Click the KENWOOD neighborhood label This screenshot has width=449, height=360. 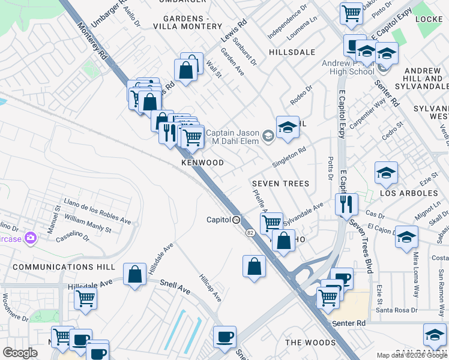point(202,163)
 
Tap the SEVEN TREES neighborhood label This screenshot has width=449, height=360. point(280,184)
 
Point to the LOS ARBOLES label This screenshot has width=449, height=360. point(409,193)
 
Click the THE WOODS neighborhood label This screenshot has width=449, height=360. point(310,343)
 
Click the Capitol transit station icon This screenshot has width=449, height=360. point(237,220)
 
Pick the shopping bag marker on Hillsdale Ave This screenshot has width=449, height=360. point(135,274)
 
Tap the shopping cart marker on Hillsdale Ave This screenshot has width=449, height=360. point(86,298)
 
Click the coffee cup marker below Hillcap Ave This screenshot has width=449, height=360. point(224,336)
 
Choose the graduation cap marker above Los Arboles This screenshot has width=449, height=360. point(386,172)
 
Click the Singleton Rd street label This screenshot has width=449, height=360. point(289,157)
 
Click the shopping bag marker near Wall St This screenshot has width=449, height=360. point(187,70)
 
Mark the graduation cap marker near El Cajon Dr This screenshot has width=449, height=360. point(406,236)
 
